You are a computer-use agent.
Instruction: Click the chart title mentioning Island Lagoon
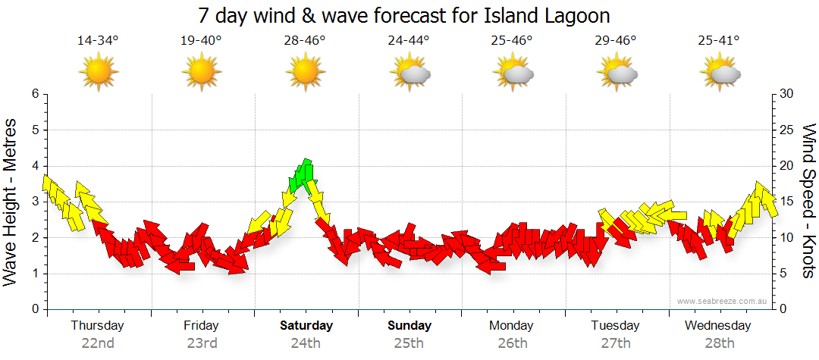404,15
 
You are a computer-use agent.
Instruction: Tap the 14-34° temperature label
98,40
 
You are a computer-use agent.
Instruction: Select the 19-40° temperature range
201,40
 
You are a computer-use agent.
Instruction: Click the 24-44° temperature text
408,40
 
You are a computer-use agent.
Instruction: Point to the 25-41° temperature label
719,40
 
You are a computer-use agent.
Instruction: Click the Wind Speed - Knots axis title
808,201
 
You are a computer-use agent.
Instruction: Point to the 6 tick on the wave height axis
34,94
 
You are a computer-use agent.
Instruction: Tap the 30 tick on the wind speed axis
786,94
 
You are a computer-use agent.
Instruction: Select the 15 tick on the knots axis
786,202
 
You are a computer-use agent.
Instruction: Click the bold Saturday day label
306,326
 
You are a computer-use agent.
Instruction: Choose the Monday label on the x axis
512,326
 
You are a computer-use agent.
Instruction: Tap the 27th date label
616,343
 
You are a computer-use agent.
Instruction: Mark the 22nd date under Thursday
98,343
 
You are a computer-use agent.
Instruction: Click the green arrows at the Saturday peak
303,175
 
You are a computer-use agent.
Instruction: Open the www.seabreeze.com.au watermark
723,301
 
